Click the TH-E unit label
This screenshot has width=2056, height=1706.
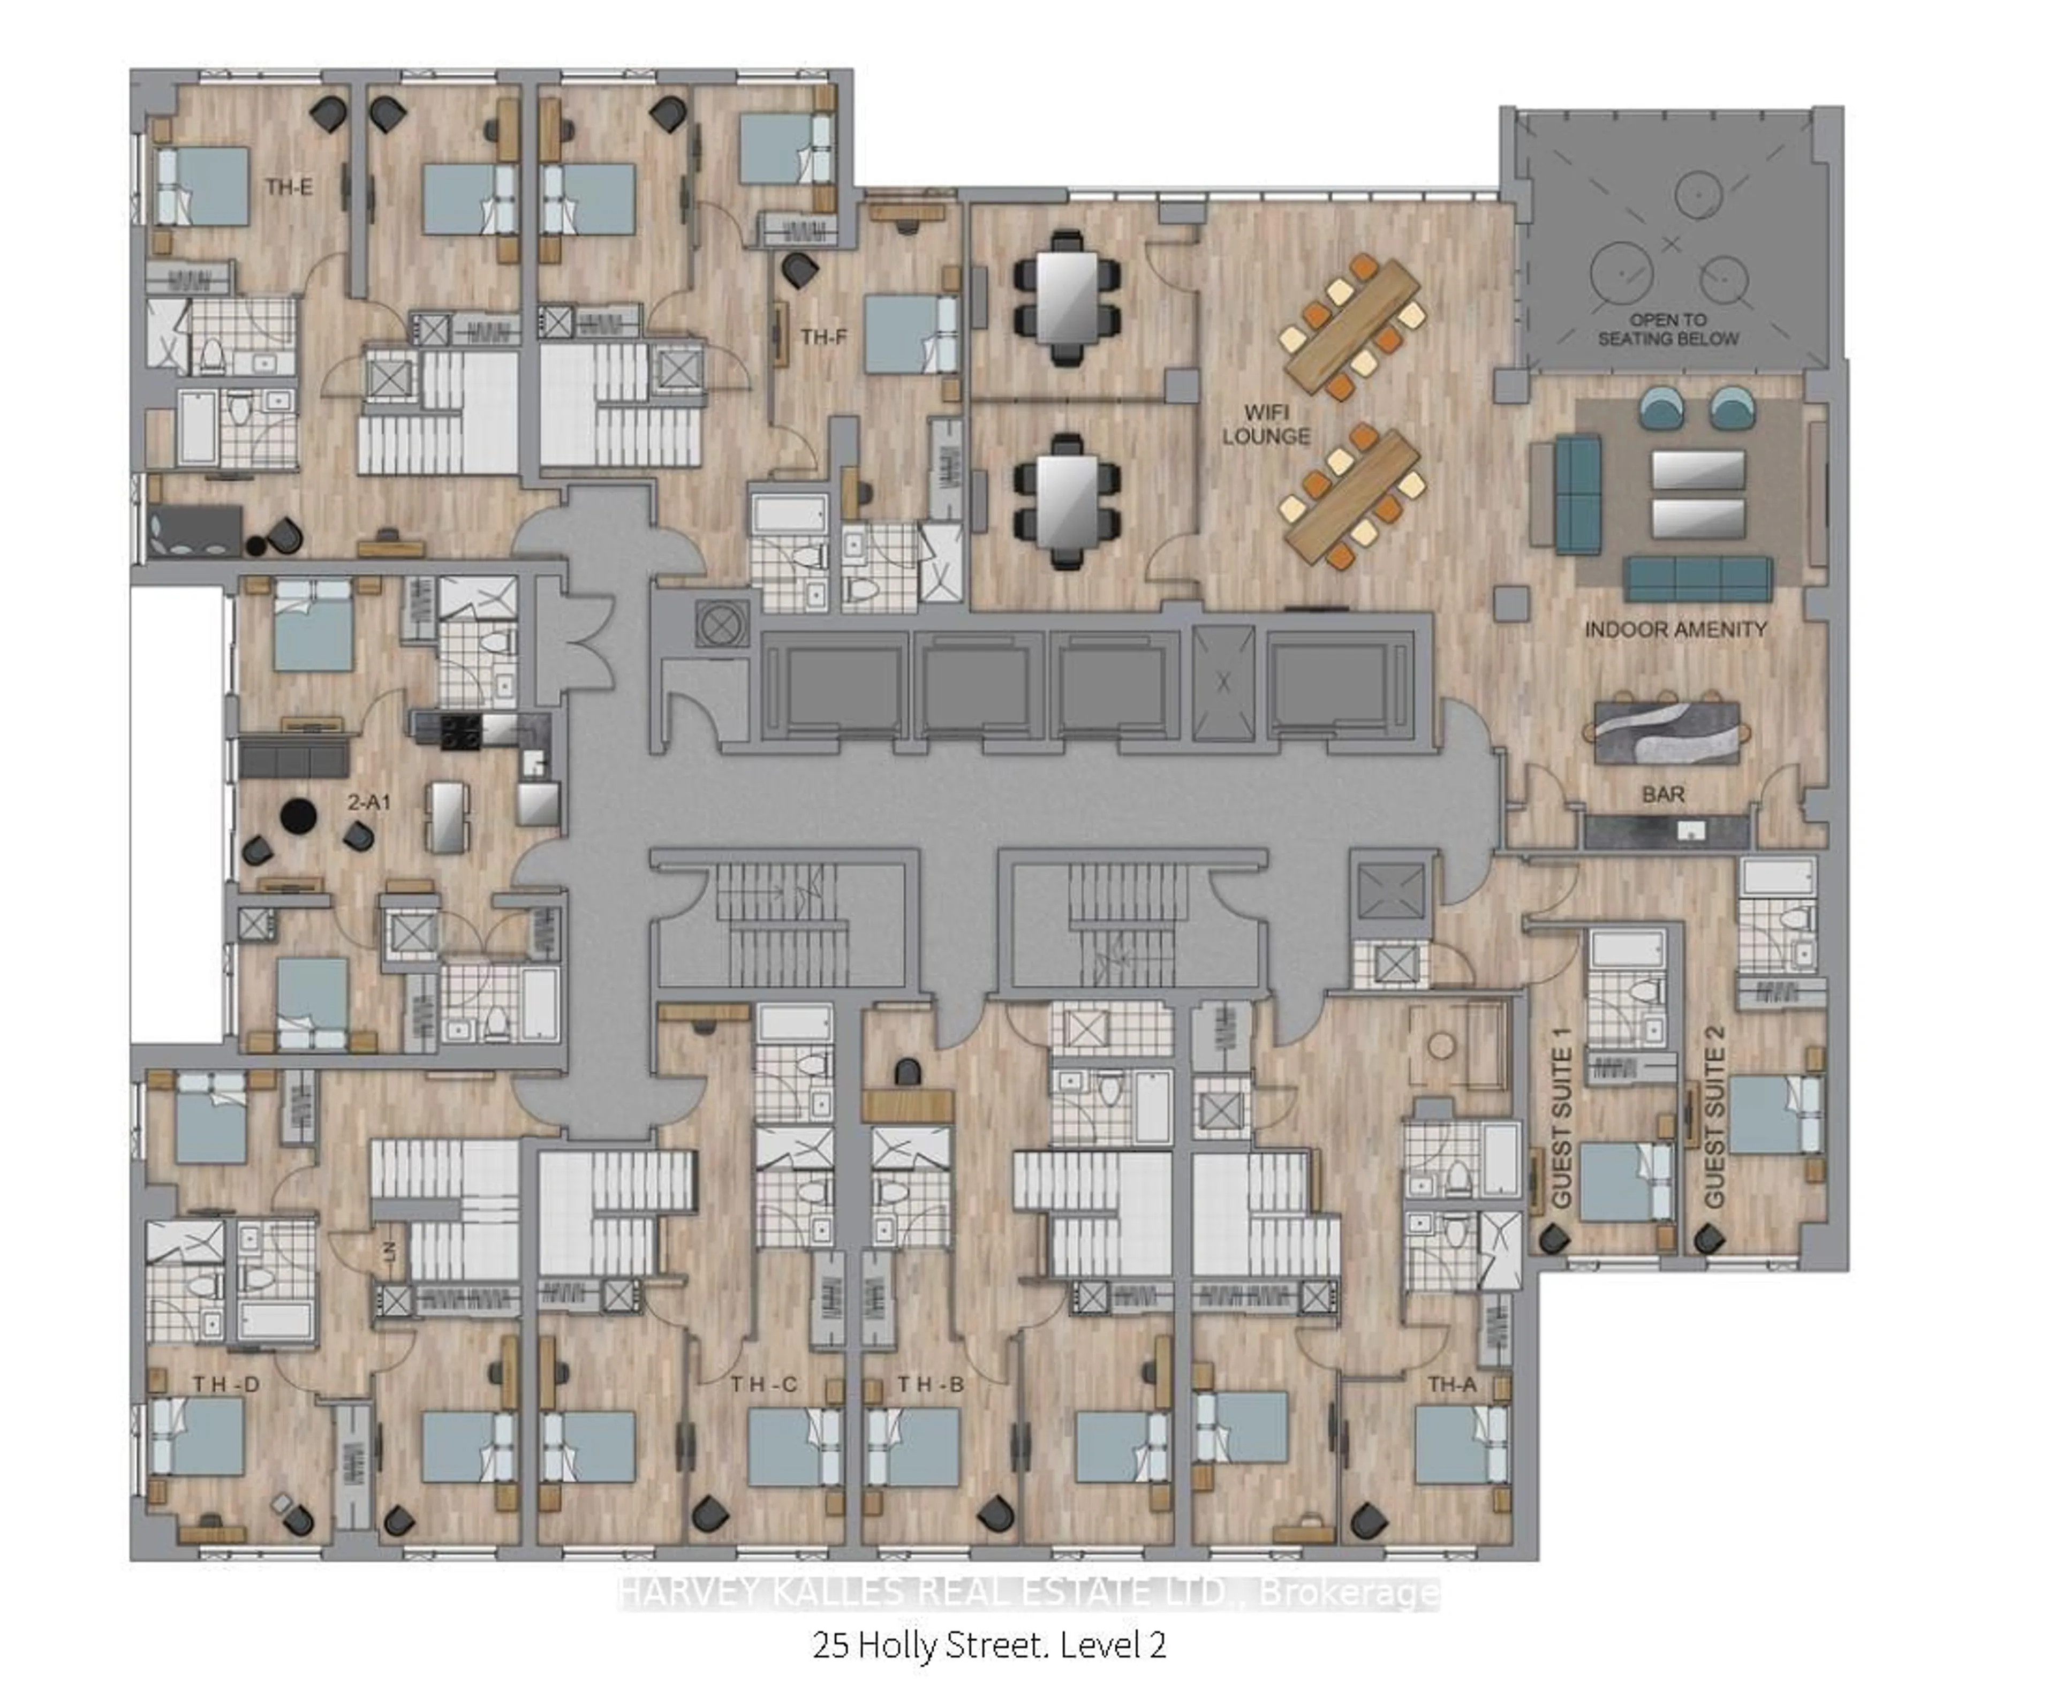[x=289, y=187]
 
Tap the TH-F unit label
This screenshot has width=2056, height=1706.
[x=823, y=338]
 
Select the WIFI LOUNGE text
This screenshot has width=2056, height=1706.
[x=1266, y=425]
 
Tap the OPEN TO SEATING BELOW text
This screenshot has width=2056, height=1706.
[x=1668, y=330]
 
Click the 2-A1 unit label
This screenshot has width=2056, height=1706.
[x=369, y=802]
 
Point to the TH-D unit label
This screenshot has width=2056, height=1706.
[x=226, y=1384]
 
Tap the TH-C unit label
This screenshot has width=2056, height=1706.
[x=764, y=1384]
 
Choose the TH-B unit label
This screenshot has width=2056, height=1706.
[x=931, y=1384]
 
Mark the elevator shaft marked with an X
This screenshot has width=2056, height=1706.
[x=1223, y=683]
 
